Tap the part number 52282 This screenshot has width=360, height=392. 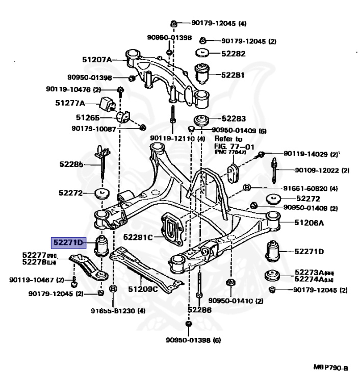coord(234,53)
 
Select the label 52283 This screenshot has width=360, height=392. coord(234,118)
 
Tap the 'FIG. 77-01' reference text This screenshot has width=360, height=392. coord(229,146)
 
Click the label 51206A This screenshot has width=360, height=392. coord(308,223)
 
